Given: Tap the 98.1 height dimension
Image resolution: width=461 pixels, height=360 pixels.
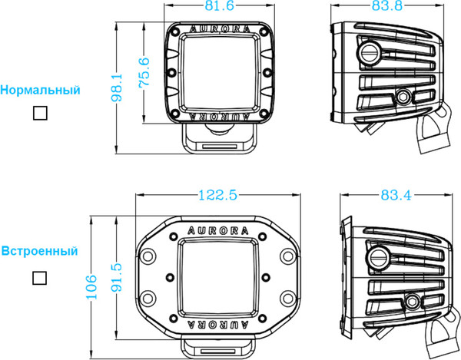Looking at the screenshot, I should (x=118, y=88).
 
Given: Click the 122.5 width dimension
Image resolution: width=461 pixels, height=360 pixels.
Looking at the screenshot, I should (x=216, y=195).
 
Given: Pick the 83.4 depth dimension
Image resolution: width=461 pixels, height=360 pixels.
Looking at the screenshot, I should (x=396, y=195).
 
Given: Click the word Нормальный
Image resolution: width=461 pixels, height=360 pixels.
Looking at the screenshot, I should (x=41, y=90).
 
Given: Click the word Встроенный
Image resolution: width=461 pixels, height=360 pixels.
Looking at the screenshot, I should (x=39, y=251).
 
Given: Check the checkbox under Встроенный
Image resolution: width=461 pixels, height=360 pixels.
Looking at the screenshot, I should (x=39, y=277).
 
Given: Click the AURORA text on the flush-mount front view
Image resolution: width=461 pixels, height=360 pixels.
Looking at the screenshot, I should (x=217, y=230).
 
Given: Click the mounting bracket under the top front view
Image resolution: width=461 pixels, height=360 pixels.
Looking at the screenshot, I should (x=221, y=137).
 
